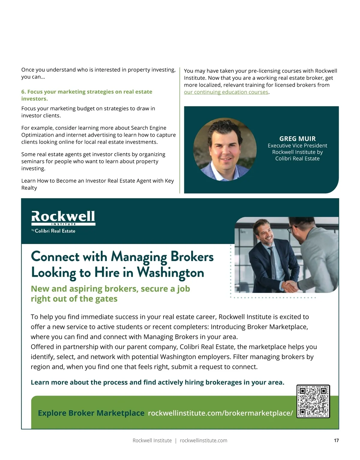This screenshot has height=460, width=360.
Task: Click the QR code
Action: [x=313, y=401]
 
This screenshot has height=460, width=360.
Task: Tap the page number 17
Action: [x=336, y=440]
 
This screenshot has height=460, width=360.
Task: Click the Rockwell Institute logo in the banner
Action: [x=63, y=218]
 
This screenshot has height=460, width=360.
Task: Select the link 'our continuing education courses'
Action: [x=226, y=92]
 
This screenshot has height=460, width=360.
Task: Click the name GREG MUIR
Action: [x=297, y=139]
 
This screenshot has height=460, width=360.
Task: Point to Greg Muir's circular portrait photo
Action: [x=225, y=149]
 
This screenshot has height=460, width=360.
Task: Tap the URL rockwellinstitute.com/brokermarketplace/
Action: [x=220, y=413]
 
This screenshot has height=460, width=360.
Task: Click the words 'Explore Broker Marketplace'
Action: [x=91, y=413]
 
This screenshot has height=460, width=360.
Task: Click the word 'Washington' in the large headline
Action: [x=170, y=273]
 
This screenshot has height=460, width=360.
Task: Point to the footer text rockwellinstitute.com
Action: [x=203, y=441]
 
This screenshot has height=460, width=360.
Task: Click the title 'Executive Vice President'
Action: [x=297, y=146]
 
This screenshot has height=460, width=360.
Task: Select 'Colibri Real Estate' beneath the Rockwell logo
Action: [x=55, y=231]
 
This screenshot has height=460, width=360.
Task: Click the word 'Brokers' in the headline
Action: [x=192, y=257]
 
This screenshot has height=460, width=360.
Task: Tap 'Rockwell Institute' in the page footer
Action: [x=152, y=441]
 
